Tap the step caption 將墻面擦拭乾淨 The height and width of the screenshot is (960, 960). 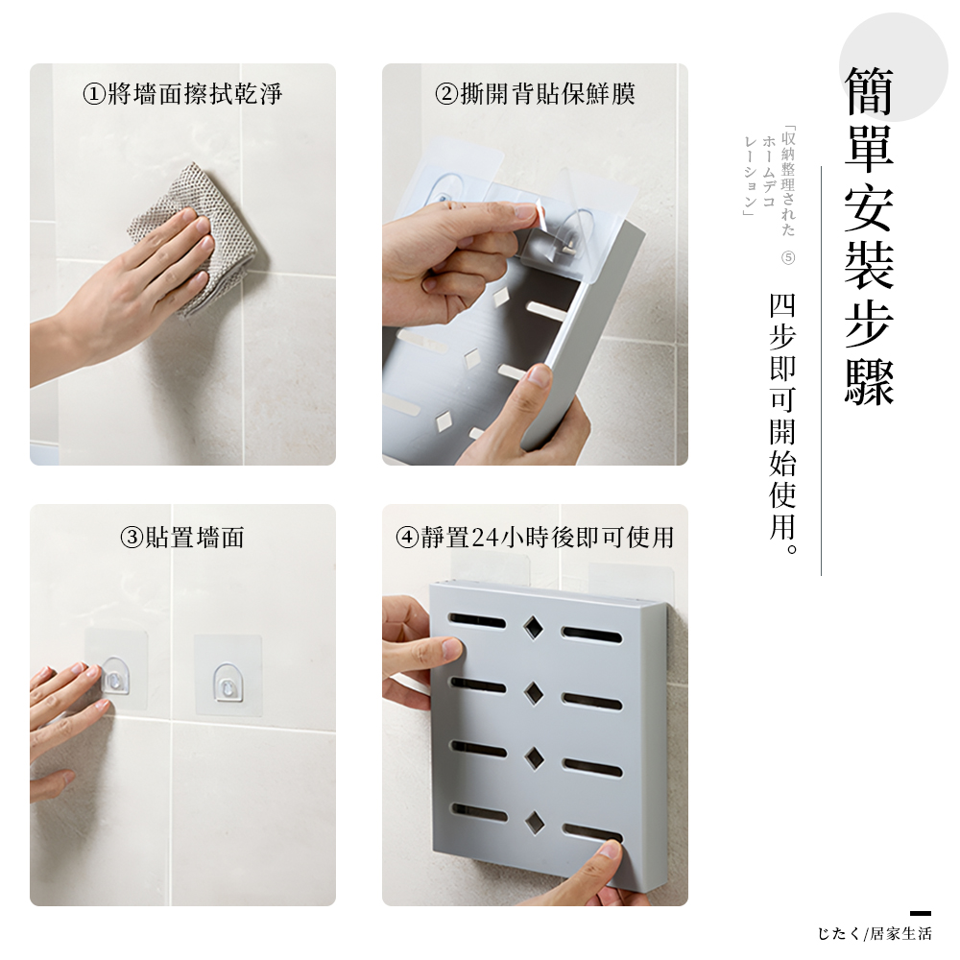click(182, 94)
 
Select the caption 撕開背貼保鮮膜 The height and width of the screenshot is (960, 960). click(535, 94)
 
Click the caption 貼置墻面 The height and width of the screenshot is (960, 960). click(182, 538)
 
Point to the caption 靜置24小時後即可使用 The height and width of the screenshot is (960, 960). click(535, 538)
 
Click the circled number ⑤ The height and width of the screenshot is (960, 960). click(788, 258)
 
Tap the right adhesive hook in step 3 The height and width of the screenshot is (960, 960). click(228, 678)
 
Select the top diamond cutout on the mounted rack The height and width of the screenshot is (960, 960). click(533, 627)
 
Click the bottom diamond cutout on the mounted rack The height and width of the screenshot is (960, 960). click(533, 820)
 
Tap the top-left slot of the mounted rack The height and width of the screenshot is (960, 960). click(477, 621)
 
